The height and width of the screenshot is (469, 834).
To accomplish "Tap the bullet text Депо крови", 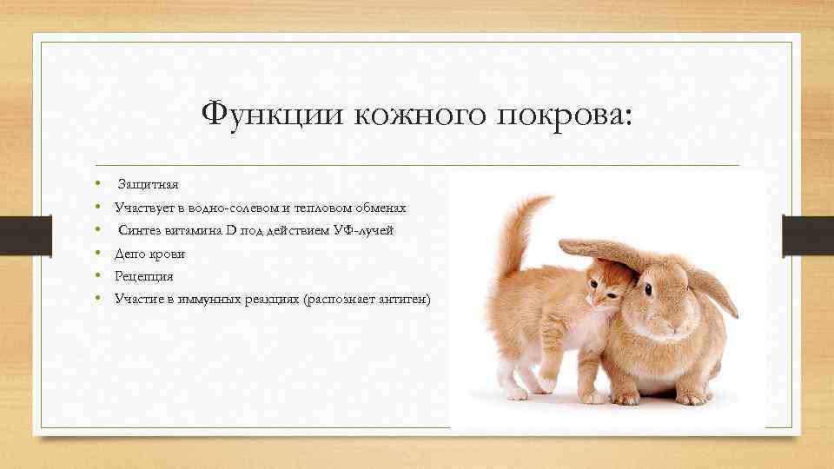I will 149,254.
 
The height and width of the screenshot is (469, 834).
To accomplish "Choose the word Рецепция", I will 144,276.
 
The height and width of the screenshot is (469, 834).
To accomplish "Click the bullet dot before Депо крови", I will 100,254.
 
